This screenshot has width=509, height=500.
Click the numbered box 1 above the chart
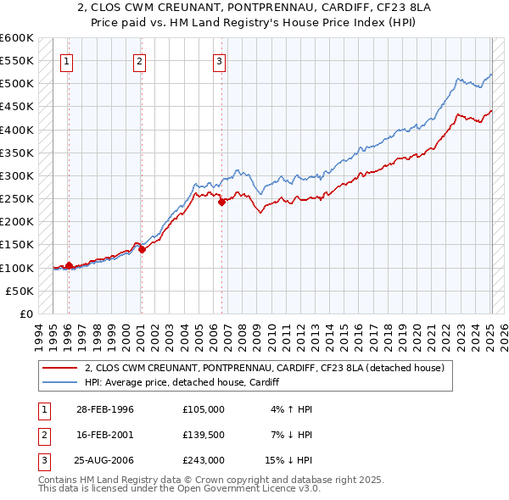pyautogui.click(x=67, y=60)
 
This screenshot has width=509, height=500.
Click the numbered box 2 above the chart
pyautogui.click(x=139, y=60)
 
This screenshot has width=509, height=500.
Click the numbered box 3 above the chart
pyautogui.click(x=219, y=60)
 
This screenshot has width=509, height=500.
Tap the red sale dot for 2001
pyautogui.click(x=143, y=249)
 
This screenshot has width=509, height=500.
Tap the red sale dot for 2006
pyautogui.click(x=221, y=202)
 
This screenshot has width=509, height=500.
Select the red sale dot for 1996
pyautogui.click(x=69, y=265)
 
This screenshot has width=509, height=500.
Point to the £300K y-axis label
pyautogui.click(x=17, y=175)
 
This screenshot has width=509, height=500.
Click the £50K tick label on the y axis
pyautogui.click(x=20, y=291)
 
